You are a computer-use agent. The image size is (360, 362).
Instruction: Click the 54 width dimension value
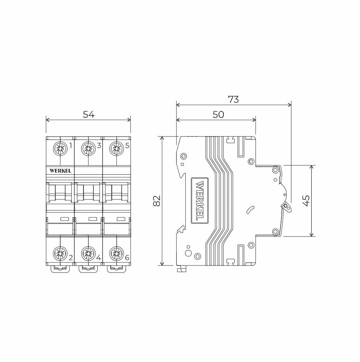point(88,114)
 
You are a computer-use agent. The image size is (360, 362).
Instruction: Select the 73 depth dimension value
point(233,100)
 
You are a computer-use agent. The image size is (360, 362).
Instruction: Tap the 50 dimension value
point(218,114)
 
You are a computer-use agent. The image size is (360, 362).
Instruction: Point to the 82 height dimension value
point(157,201)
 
